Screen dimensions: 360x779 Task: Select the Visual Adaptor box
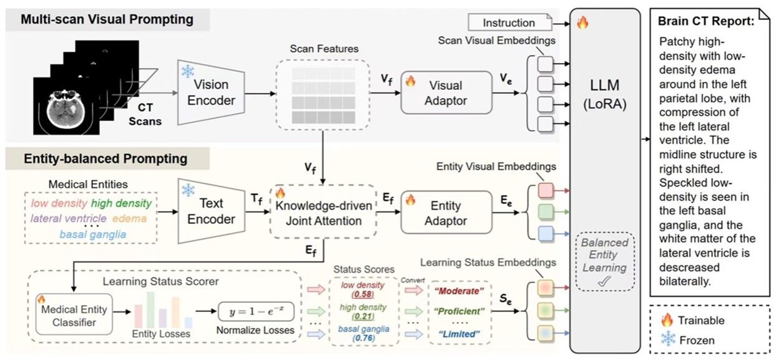443,92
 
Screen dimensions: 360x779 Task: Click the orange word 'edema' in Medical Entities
130,218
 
